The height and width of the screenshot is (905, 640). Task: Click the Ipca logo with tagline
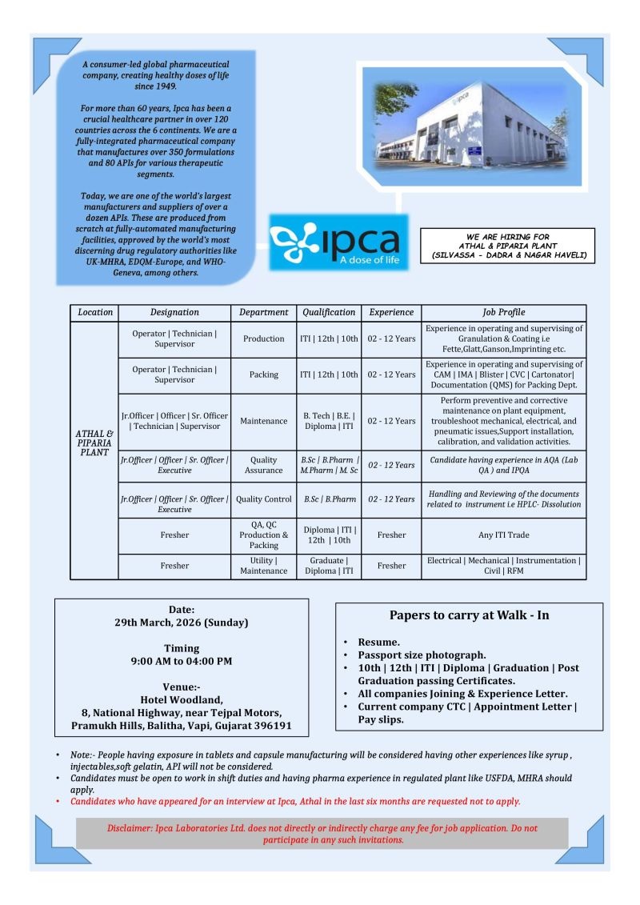(x=338, y=240)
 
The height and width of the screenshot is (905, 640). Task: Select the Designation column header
(x=174, y=312)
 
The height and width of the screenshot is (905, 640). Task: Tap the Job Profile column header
(x=503, y=312)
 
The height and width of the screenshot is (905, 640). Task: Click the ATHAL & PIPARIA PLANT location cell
(x=94, y=442)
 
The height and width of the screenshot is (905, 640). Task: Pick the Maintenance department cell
(x=263, y=421)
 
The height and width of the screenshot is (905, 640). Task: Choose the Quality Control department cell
(x=263, y=499)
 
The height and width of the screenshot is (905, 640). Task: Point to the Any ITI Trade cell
(x=503, y=535)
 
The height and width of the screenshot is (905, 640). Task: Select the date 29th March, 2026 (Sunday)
(x=181, y=622)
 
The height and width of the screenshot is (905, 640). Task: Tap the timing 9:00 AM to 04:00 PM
(x=182, y=661)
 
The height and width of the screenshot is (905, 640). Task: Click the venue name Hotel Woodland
(x=181, y=699)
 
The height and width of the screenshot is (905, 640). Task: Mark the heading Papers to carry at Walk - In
(x=469, y=615)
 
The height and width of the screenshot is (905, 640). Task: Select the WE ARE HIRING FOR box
(x=507, y=246)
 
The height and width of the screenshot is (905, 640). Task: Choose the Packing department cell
(x=263, y=374)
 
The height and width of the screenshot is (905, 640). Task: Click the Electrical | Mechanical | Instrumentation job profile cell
(x=503, y=566)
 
